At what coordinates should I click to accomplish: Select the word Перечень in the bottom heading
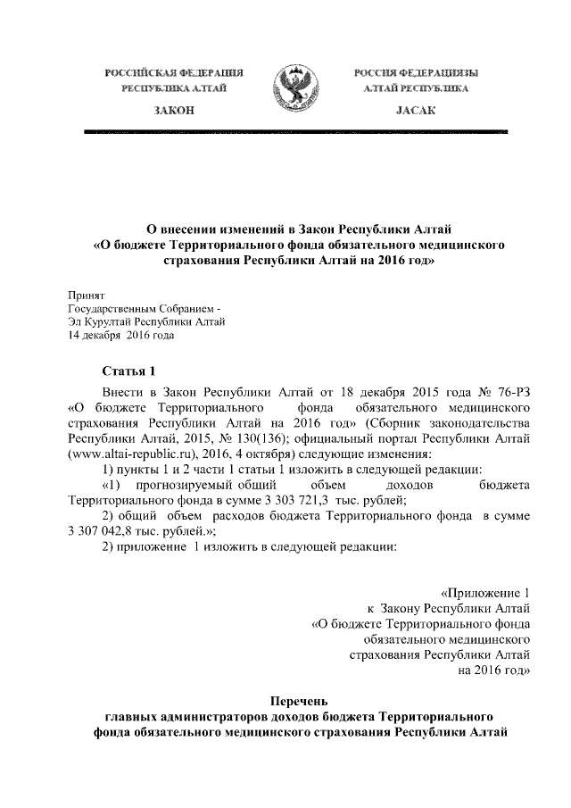pos(301,701)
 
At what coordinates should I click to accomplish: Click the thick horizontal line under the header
pos(294,132)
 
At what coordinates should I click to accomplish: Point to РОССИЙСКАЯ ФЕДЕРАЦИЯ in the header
pos(175,71)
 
